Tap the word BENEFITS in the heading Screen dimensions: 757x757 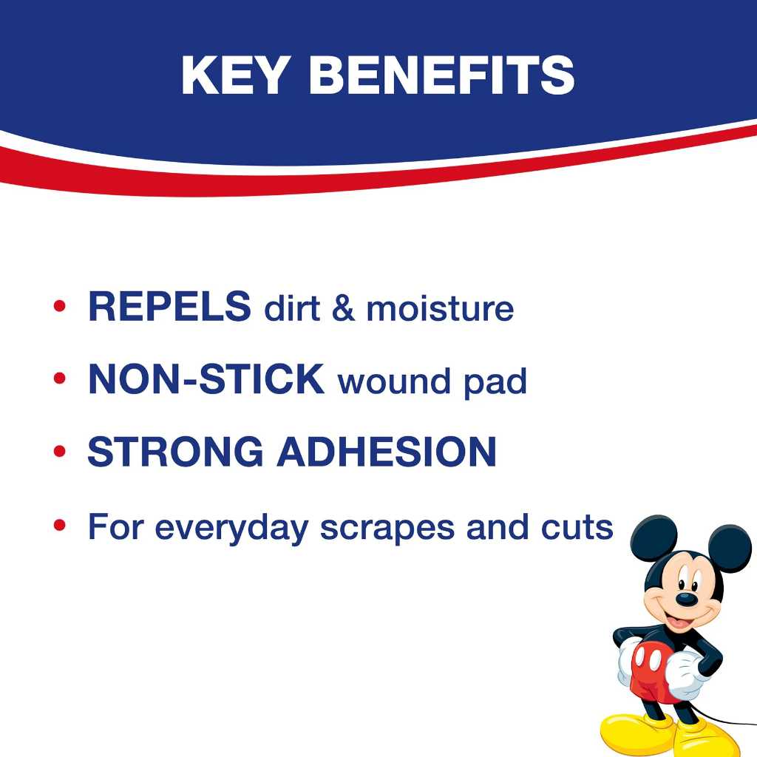coord(442,74)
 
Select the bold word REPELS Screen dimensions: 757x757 coord(169,307)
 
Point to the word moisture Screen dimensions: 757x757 coord(440,309)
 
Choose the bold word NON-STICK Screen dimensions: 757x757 coord(206,380)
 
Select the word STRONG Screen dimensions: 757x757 coord(175,452)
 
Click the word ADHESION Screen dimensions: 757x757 coord(386,452)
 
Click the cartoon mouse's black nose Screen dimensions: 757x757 coord(687,598)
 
